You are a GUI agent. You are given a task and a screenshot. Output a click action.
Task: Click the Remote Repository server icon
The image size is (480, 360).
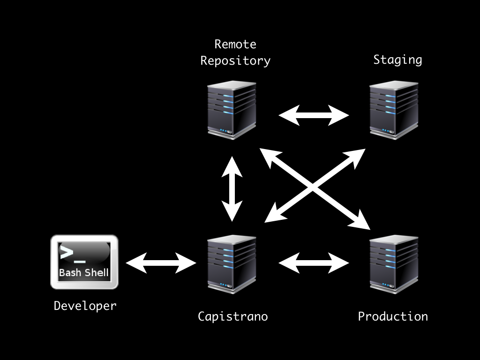tap(232, 110)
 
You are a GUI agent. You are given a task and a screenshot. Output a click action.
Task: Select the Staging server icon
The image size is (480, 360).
tap(394, 110)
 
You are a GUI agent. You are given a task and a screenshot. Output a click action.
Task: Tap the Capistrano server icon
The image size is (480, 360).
tap(232, 264)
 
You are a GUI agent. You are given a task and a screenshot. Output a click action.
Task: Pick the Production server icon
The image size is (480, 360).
tap(394, 264)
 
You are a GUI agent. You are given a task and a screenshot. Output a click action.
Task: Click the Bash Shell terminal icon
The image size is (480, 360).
tap(84, 262)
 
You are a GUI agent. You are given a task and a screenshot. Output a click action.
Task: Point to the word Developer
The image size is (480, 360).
tap(85, 306)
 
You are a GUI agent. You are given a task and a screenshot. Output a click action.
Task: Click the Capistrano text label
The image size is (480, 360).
tap(232, 316)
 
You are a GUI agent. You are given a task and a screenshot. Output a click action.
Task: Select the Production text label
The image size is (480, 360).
tap(393, 316)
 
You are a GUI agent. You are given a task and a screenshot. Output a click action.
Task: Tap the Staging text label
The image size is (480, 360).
tap(397, 60)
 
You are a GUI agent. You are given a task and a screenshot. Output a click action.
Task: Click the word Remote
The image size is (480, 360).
tap(235, 44)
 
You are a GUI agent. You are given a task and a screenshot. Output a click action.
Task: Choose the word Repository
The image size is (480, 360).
tap(235, 60)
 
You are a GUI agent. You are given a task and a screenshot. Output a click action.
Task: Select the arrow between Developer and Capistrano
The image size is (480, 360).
tap(161, 262)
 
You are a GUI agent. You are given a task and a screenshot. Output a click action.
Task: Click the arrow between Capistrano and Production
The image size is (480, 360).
tap(314, 262)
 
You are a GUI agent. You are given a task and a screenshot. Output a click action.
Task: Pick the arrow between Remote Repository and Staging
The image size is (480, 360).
tap(314, 115)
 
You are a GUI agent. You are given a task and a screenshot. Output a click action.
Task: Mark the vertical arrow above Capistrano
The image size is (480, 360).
tap(232, 189)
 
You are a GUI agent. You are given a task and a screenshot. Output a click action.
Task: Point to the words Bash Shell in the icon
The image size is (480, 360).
tap(84, 272)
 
